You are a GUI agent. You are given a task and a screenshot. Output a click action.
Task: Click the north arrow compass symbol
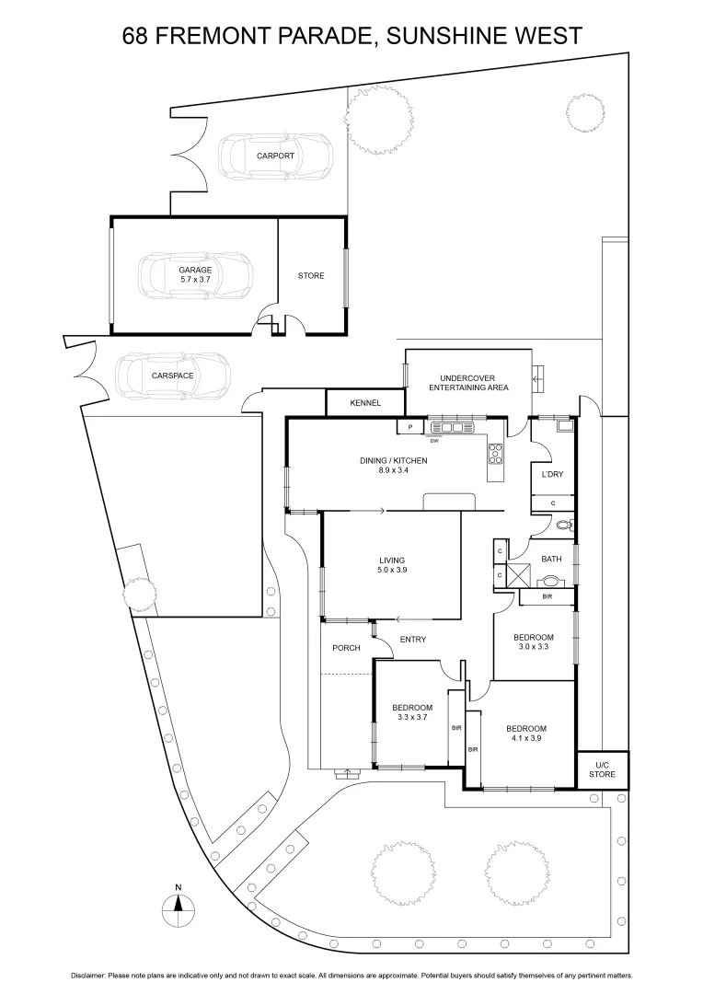coord(179,910)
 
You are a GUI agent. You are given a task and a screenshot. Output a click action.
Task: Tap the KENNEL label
coord(365,402)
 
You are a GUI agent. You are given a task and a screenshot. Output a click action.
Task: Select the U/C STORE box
coord(603,769)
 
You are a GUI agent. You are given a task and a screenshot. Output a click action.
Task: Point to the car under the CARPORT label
coord(275,156)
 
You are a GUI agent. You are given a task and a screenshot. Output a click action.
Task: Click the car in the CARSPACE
coord(172,376)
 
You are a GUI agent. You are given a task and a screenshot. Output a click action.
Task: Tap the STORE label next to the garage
coord(311,275)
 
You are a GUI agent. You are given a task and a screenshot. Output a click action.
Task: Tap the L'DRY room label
coord(552,475)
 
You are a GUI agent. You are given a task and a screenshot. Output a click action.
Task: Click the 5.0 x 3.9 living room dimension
coord(392,571)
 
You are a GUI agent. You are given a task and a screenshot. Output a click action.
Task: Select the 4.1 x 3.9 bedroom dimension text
coord(526,738)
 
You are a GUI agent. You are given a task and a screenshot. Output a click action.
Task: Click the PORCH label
coord(346,648)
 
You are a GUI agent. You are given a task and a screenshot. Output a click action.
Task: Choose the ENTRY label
coord(413,640)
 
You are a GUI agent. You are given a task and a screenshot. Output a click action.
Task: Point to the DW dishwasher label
coord(433,441)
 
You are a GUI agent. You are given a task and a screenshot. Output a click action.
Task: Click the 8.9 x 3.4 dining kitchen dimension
coord(393,470)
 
